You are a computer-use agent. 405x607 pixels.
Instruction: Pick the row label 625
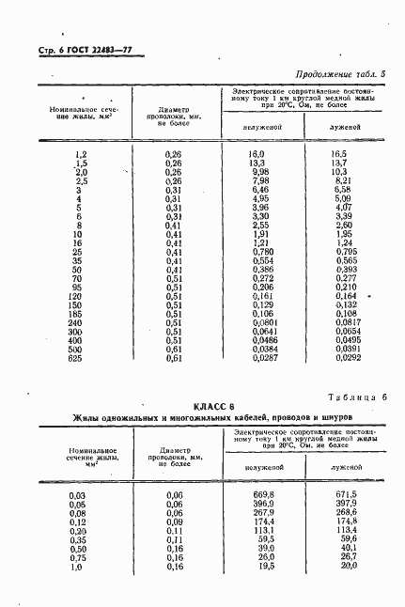click(79, 358)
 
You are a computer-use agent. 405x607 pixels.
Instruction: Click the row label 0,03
click(79, 494)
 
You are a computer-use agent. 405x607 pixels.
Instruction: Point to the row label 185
click(79, 314)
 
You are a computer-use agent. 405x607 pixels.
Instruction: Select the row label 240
click(79, 322)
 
